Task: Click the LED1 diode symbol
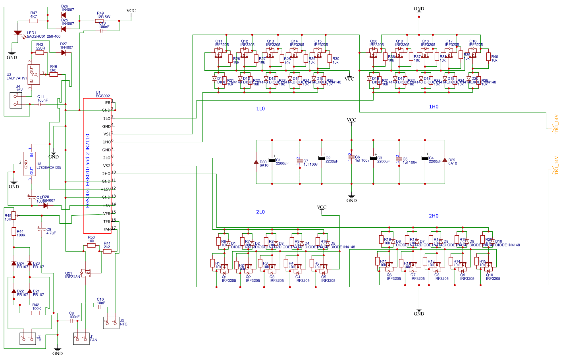(18, 33)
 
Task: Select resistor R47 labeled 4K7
(34, 21)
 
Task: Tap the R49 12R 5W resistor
(100, 21)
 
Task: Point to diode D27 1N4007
(64, 52)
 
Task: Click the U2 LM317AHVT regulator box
(34, 74)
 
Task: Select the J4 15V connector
(16, 100)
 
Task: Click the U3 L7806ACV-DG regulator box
(30, 164)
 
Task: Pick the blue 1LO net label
(260, 109)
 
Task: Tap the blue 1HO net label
(434, 107)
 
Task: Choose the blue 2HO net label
(434, 216)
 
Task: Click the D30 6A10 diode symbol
(256, 162)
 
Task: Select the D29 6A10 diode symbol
(445, 160)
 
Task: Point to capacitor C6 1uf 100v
(351, 157)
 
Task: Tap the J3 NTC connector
(111, 323)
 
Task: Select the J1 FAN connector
(81, 339)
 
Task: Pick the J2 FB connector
(28, 339)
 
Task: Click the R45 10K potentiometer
(14, 215)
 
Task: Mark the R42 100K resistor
(36, 313)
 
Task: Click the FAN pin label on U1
(107, 229)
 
